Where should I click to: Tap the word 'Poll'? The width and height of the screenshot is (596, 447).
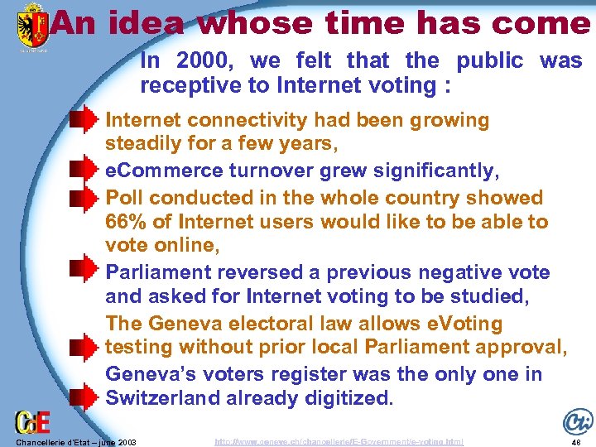pos(124,198)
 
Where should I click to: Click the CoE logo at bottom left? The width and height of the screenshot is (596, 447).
pos(33,421)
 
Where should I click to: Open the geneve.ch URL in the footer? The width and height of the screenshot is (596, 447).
pos(339,442)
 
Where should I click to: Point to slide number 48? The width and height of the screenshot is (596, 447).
pos(576,442)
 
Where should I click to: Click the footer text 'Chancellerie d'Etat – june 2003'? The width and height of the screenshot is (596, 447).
pos(70,442)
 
